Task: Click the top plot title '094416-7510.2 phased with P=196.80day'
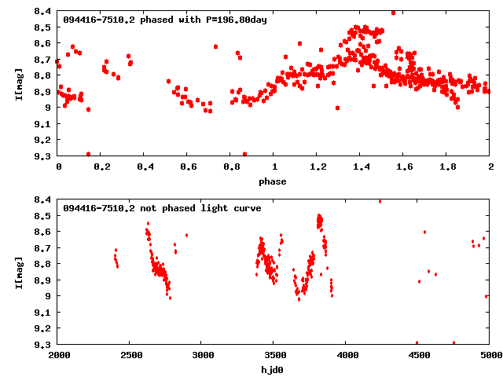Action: tap(165, 20)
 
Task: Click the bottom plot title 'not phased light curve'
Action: tap(205, 208)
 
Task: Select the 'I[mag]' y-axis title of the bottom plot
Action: tap(20, 271)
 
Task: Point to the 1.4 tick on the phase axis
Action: tap(361, 167)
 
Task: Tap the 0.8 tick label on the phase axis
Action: tap(231, 167)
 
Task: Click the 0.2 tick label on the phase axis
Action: tap(101, 167)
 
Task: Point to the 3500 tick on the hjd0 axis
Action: tap(274, 356)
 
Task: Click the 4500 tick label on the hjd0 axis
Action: tap(418, 356)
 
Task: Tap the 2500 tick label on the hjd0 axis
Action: tap(130, 356)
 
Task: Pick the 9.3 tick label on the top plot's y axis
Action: tap(44, 156)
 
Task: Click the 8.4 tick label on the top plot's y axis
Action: tap(44, 12)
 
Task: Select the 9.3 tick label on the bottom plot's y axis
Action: tap(44, 344)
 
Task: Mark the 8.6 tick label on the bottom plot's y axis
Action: tap(44, 232)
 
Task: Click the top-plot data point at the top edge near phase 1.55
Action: tap(393, 13)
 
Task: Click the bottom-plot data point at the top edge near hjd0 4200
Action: tap(380, 201)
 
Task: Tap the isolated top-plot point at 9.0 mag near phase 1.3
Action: tap(337, 108)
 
